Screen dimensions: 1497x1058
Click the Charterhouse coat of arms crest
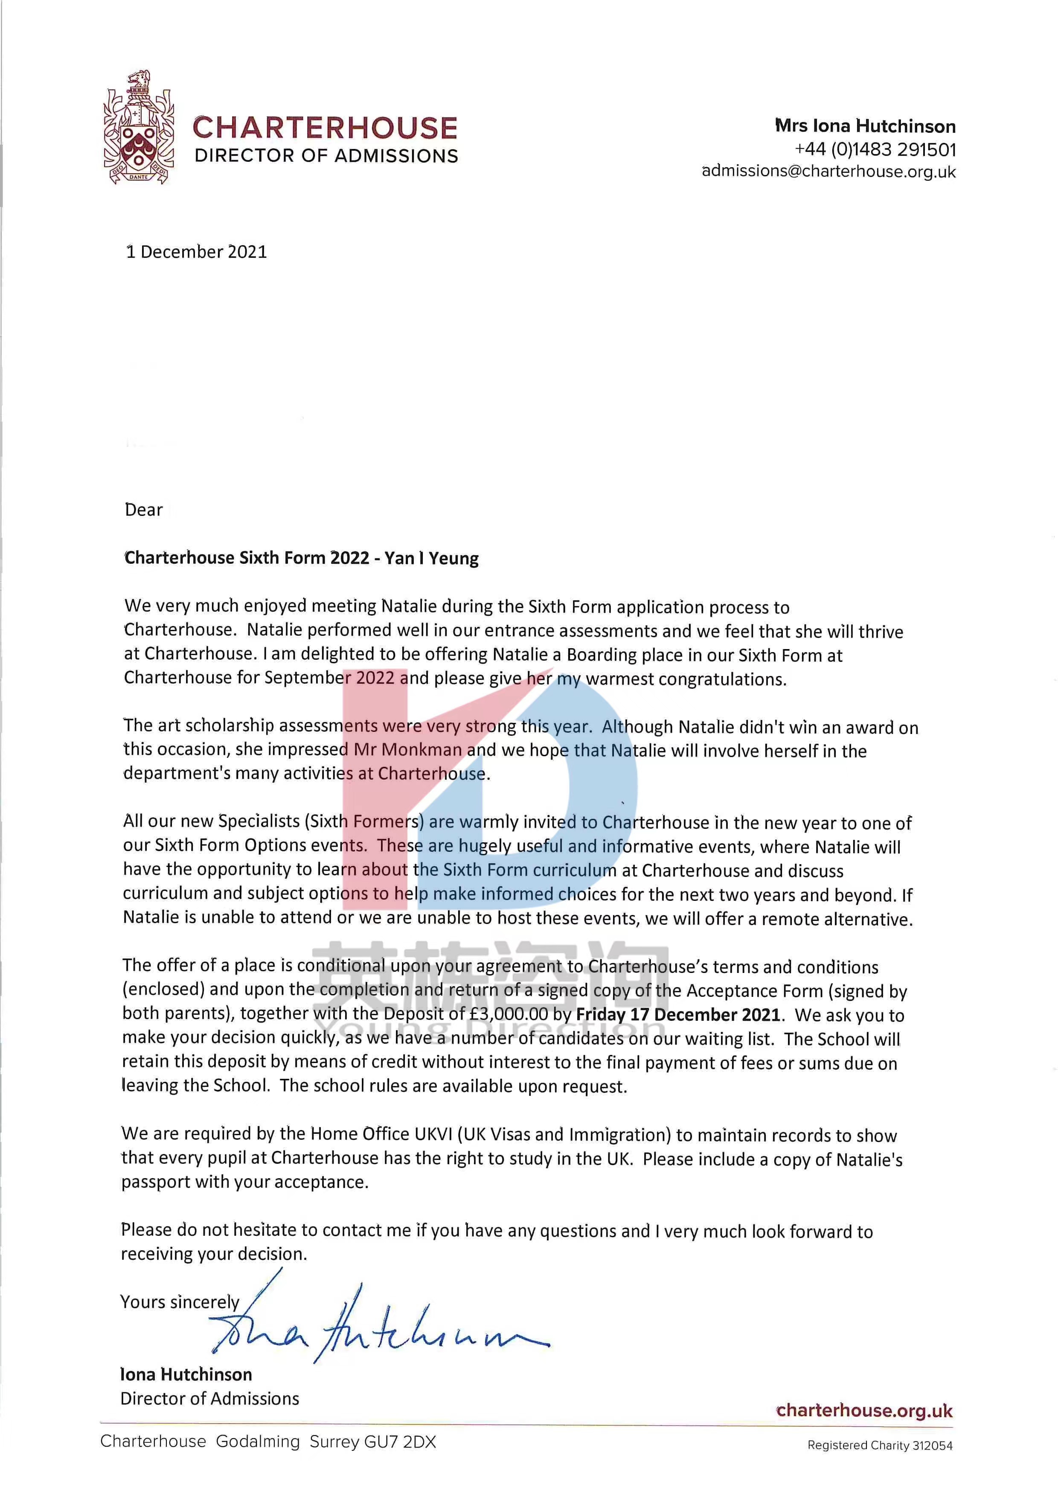pyautogui.click(x=138, y=127)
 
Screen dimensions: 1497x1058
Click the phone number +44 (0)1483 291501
pyautogui.click(x=875, y=150)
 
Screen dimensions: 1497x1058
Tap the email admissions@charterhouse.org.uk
pyautogui.click(x=828, y=172)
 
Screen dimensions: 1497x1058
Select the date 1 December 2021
pyautogui.click(x=196, y=252)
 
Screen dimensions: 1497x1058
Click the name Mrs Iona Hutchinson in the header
pyautogui.click(x=865, y=126)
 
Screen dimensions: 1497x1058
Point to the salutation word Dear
pyautogui.click(x=143, y=510)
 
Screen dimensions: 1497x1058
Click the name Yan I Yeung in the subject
pyautogui.click(x=432, y=558)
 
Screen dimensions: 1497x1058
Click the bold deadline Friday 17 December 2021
pyautogui.click(x=678, y=1014)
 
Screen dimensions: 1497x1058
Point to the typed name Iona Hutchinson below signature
pyautogui.click(x=186, y=1375)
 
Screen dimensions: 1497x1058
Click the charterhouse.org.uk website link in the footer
pyautogui.click(x=864, y=1411)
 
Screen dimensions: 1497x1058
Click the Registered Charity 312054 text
pyautogui.click(x=879, y=1445)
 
